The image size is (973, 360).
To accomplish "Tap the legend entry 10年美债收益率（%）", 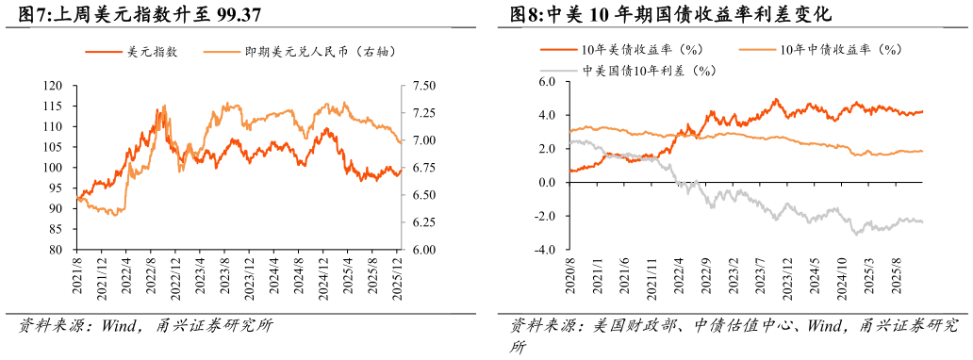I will point(642,49).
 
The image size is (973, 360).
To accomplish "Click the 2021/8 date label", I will point(77,280).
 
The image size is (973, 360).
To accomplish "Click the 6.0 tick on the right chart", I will point(548,82).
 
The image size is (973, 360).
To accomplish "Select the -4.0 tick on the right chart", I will point(546,251).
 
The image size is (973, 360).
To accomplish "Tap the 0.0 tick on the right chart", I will point(548,183).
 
